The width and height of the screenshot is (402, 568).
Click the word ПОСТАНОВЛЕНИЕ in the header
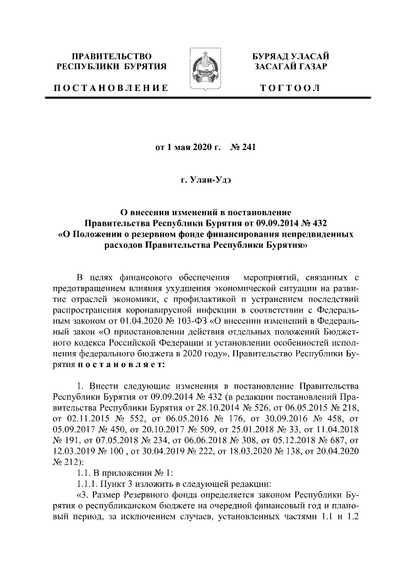(x=111, y=88)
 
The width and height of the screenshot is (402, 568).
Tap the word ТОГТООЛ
(x=290, y=88)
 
